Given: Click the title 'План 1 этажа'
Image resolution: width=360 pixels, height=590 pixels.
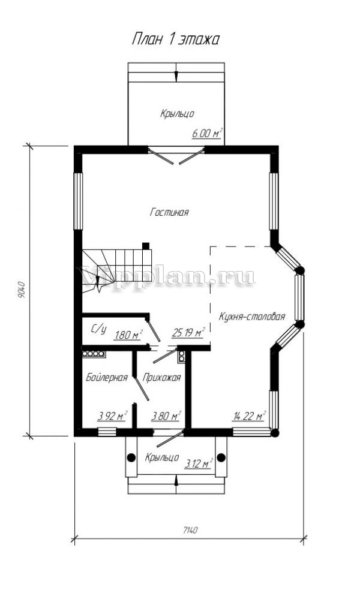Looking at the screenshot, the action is point(175,39).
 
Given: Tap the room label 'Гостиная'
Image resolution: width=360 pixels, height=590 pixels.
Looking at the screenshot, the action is point(169,212).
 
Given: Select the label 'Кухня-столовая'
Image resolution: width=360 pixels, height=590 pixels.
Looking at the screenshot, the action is point(251,317).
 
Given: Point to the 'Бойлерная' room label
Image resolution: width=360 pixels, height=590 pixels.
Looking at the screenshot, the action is point(107,377).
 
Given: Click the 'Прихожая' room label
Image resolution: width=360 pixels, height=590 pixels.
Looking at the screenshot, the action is point(161,377).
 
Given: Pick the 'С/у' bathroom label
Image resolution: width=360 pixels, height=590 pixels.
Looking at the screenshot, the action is point(98,329).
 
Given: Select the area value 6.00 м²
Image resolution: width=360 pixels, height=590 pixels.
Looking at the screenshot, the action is point(207,133).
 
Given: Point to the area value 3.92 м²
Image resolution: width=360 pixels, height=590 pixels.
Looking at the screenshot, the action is point(112,416).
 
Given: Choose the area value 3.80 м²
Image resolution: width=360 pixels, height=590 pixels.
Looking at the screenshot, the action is point(166,416).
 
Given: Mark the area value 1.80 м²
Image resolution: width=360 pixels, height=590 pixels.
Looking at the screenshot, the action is point(128,334).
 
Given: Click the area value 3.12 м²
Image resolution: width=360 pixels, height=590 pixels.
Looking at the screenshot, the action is point(199,463).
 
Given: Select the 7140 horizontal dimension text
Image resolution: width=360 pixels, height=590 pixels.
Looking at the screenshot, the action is point(190,530).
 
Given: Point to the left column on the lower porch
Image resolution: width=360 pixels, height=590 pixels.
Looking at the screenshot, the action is point(131,457).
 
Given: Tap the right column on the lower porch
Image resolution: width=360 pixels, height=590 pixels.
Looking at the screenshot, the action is point(221,457).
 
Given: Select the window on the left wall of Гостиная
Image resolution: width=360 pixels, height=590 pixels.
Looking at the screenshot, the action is point(78,201).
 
